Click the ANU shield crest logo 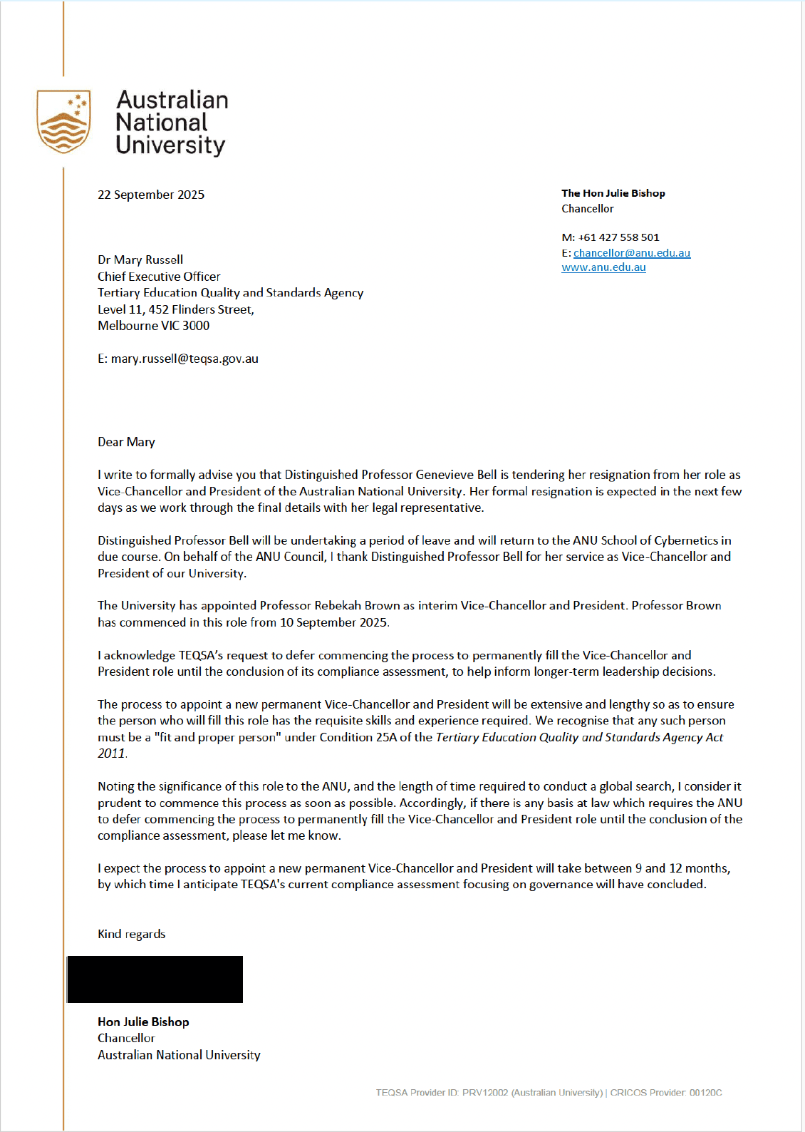coord(63,121)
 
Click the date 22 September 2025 coord(151,195)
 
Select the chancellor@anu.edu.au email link coord(632,253)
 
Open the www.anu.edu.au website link coord(603,267)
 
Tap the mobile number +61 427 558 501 coord(619,237)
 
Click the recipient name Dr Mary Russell coord(140,259)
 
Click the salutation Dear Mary coord(126,442)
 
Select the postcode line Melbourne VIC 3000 coord(153,326)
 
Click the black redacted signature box coord(155,979)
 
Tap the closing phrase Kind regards coord(131,934)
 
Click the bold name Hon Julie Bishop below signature coord(143,1022)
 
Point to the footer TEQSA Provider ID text coord(489,1093)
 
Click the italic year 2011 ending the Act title coord(111,753)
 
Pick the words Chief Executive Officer coord(159,276)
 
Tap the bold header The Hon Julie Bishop coord(613,193)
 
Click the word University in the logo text coord(170,145)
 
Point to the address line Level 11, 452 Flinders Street coord(175,309)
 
